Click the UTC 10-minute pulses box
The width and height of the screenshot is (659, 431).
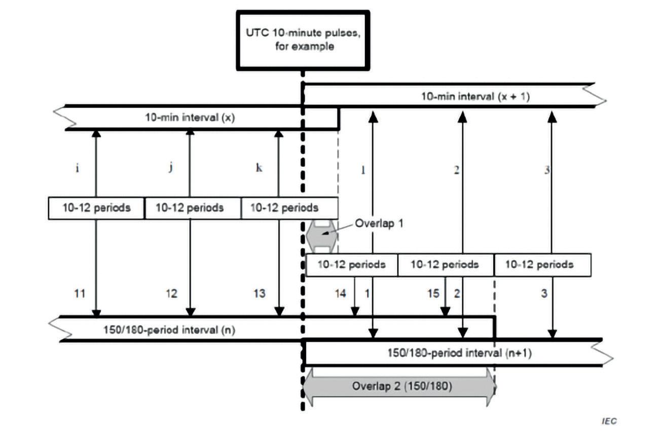(303, 40)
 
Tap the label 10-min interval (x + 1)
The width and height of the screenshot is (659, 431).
(475, 96)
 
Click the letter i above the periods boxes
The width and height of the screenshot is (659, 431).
(77, 168)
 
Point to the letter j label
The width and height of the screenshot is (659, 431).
(171, 168)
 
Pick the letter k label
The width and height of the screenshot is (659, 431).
(259, 168)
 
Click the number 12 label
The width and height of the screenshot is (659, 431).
(171, 293)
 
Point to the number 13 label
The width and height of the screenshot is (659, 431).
(259, 293)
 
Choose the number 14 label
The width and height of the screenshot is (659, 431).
(341, 293)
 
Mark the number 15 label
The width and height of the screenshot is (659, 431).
(433, 293)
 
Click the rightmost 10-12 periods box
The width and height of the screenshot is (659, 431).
(542, 265)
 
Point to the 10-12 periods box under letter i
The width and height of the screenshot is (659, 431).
(96, 208)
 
